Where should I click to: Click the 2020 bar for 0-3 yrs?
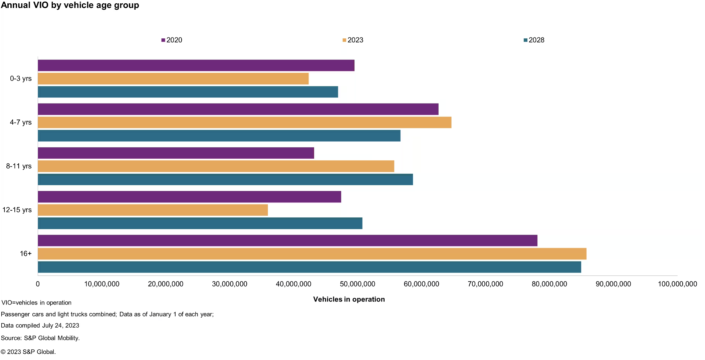[196, 65]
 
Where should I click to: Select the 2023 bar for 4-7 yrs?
[244, 123]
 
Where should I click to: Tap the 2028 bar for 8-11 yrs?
[225, 179]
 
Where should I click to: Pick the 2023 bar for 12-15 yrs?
[153, 210]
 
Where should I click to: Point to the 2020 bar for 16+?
[287, 240]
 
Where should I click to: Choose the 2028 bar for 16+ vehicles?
[309, 267]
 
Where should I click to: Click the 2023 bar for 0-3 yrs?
[173, 79]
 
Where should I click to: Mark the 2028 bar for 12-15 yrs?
[200, 223]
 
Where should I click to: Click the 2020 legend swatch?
[163, 40]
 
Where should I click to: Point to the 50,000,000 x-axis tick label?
[357, 284]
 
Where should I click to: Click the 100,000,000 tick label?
[677, 284]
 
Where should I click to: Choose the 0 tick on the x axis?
[38, 284]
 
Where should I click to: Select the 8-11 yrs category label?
[19, 166]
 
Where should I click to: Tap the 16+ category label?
[25, 254]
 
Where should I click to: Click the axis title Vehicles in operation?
[349, 299]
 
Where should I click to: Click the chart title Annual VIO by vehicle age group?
[70, 5]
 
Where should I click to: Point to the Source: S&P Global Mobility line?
[40, 338]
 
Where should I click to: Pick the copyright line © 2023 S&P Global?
[28, 352]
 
